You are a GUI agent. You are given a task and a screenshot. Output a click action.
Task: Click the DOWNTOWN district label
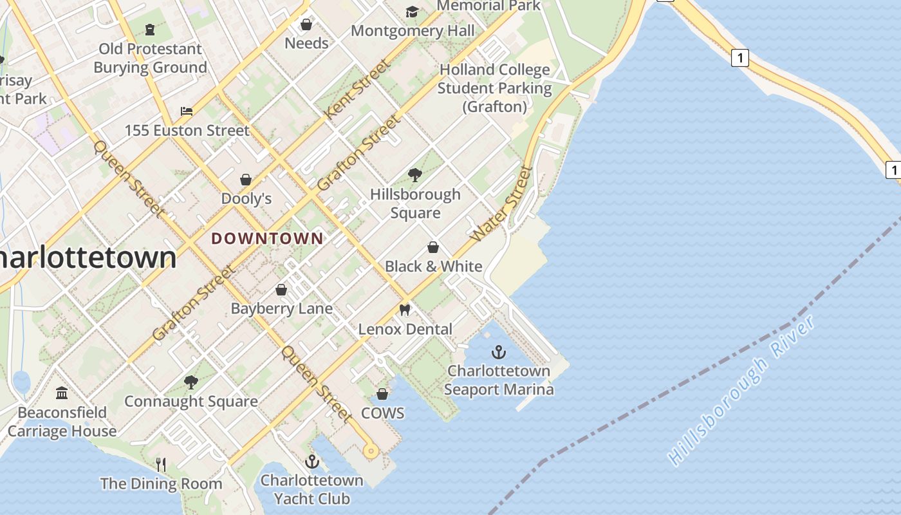pyautogui.click(x=267, y=238)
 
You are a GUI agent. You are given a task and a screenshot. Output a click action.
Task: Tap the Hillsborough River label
pyautogui.click(x=742, y=390)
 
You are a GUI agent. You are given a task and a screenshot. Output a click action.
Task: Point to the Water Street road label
pyautogui.click(x=503, y=204)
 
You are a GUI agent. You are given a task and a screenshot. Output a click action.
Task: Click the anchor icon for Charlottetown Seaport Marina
pyautogui.click(x=499, y=352)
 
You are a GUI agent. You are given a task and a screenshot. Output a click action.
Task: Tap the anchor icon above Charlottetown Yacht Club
pyautogui.click(x=312, y=462)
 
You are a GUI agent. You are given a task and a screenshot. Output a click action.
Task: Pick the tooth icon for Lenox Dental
pyautogui.click(x=405, y=310)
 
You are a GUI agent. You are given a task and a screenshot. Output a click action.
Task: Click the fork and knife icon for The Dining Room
pyautogui.click(x=161, y=464)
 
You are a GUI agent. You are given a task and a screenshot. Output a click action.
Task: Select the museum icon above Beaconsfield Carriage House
pyautogui.click(x=62, y=393)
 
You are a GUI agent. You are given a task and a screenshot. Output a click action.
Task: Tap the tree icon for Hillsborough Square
pyautogui.click(x=415, y=174)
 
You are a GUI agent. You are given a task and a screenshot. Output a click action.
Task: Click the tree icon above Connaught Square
pyautogui.click(x=190, y=382)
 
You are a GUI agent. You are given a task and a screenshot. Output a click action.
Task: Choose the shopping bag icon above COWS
pyautogui.click(x=382, y=394)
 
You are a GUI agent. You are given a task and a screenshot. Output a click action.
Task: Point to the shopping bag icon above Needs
pyautogui.click(x=306, y=24)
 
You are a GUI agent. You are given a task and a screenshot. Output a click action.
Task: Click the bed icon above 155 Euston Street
pyautogui.click(x=187, y=111)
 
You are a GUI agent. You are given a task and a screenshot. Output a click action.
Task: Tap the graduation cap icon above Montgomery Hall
pyautogui.click(x=412, y=12)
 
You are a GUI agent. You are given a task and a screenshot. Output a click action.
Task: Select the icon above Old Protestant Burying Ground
pyautogui.click(x=150, y=29)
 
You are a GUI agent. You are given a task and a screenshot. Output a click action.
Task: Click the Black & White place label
pyautogui.click(x=433, y=267)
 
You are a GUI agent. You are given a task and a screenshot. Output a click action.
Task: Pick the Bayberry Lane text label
pyautogui.click(x=282, y=308)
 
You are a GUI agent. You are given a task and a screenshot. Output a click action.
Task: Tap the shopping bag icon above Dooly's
pyautogui.click(x=246, y=179)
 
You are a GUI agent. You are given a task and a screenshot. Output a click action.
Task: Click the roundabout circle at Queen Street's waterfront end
pyautogui.click(x=370, y=451)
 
